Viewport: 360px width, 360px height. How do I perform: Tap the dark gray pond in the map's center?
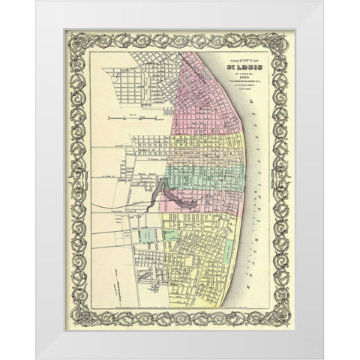click(x=174, y=199)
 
